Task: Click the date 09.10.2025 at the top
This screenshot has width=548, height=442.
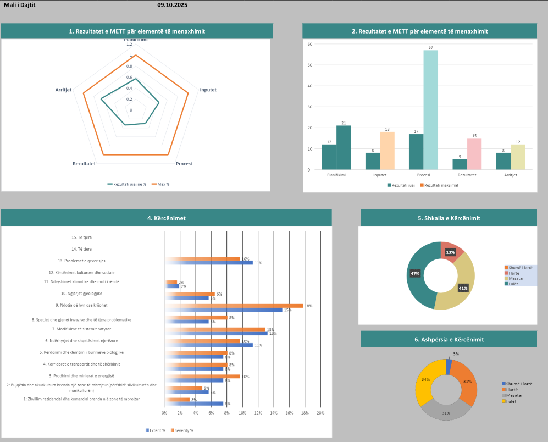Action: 172,5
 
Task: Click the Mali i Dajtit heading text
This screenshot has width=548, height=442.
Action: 19,5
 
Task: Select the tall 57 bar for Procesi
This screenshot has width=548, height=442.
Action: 431,109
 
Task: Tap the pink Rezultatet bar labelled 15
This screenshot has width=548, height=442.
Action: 474,153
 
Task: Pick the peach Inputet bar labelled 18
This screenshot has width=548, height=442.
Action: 388,150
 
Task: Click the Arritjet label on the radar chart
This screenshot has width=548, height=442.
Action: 63,90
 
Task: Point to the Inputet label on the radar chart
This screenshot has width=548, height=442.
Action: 208,90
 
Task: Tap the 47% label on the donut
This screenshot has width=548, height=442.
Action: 415,273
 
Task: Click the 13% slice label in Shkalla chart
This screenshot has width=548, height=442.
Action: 450,252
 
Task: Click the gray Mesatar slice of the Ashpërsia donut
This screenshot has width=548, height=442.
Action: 445,410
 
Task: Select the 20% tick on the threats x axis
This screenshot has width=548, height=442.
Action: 320,413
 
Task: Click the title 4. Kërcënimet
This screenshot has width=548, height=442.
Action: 166,218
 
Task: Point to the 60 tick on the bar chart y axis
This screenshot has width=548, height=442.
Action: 310,44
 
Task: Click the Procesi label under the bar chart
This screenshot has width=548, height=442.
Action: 423,175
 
